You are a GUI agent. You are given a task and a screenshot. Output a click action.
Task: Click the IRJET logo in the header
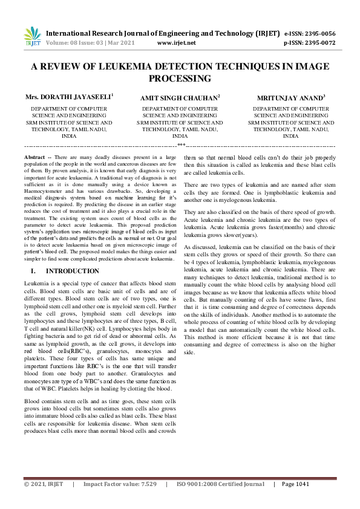coord(31,37)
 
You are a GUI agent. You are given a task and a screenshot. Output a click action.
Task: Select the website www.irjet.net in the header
coord(176,44)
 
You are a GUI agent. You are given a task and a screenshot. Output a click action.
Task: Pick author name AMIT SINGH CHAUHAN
coord(180,97)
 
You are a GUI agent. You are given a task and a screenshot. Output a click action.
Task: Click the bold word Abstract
coord(34,157)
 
